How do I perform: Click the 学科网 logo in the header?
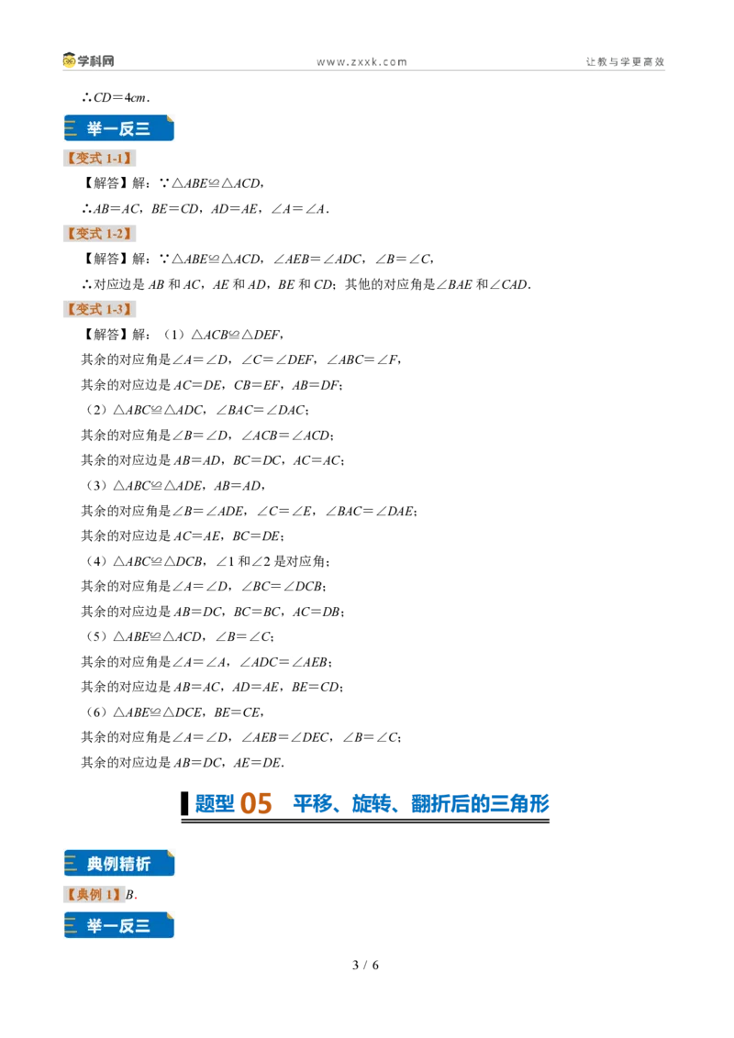pyautogui.click(x=88, y=61)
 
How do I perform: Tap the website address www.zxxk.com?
pyautogui.click(x=361, y=62)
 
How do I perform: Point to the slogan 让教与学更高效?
pyautogui.click(x=625, y=61)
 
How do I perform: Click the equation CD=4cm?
pyautogui.click(x=120, y=98)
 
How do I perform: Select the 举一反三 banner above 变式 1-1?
pyautogui.click(x=119, y=128)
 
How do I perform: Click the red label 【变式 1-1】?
pyautogui.click(x=100, y=159)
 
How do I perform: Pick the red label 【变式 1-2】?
pyautogui.click(x=100, y=234)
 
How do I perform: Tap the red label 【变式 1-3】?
pyautogui.click(x=100, y=309)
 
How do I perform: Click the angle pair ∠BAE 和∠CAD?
pyautogui.click(x=482, y=284)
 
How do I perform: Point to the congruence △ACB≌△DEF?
pyautogui.click(x=237, y=335)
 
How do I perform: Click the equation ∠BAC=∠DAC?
pyautogui.click(x=261, y=411)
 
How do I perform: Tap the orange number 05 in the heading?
pyautogui.click(x=256, y=803)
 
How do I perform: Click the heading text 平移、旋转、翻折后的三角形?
pyautogui.click(x=421, y=803)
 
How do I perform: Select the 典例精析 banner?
pyautogui.click(x=119, y=863)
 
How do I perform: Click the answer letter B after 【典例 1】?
pyautogui.click(x=130, y=894)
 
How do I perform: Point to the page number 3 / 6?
pyautogui.click(x=366, y=966)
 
